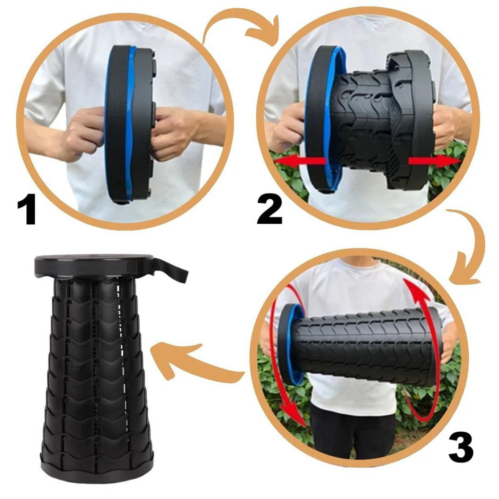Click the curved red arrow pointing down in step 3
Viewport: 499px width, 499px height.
(x=280, y=370)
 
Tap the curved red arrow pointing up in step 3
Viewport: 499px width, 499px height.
(x=424, y=341)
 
